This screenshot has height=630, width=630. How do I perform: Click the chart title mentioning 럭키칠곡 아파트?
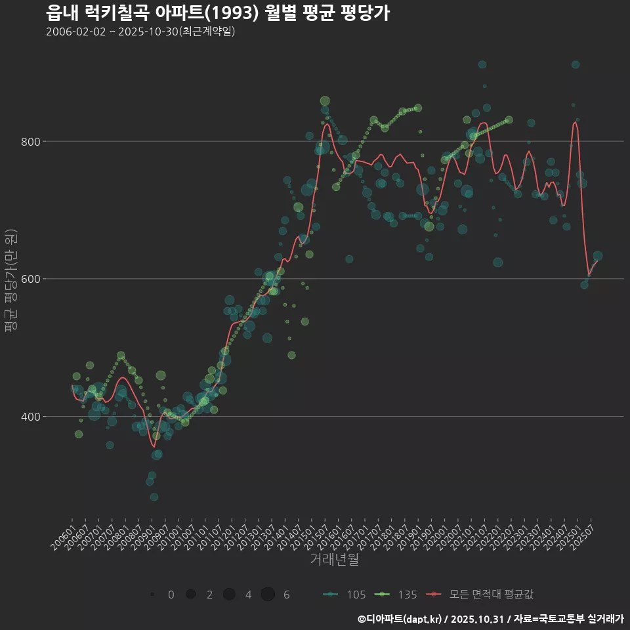tap(218, 12)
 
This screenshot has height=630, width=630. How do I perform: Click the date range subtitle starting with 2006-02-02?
tap(140, 31)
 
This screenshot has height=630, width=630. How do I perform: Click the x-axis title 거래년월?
tap(334, 560)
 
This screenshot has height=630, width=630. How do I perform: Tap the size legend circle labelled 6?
tap(268, 595)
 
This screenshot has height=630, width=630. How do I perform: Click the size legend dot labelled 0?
tap(152, 595)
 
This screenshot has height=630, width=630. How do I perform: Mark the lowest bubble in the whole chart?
tap(154, 497)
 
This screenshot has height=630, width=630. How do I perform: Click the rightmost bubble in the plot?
tap(598, 257)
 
